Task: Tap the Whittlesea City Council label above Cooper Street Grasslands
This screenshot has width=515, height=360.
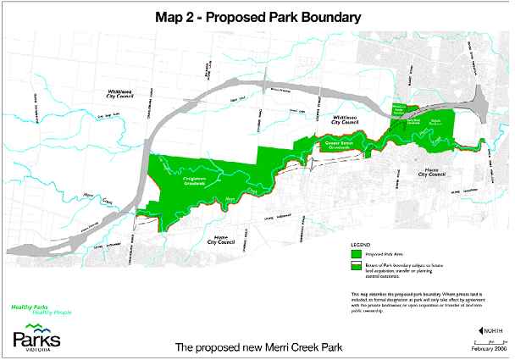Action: coord(347,122)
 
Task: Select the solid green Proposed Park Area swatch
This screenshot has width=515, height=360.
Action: coord(354,253)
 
